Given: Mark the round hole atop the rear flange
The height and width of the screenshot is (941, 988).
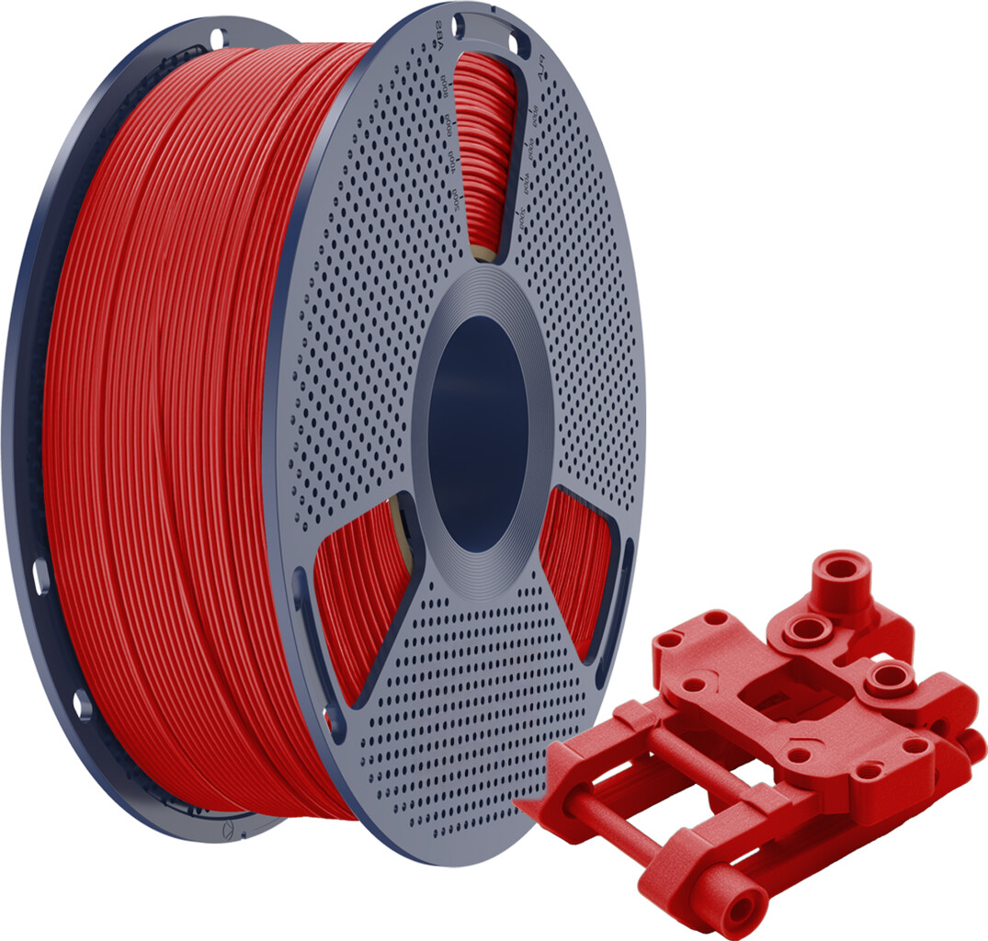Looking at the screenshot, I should [218, 39].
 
